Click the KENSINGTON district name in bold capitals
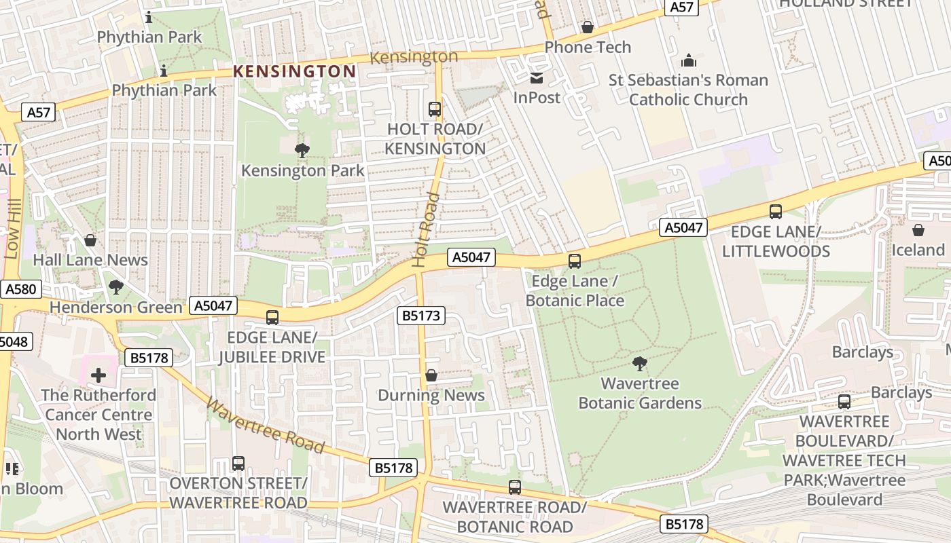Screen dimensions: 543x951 (294, 71)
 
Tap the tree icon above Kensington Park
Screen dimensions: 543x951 (302, 151)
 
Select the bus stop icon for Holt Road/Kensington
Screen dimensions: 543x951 (435, 109)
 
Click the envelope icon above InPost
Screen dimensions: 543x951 (537, 77)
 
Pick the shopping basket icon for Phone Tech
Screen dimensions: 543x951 (588, 27)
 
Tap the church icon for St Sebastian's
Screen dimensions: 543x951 (688, 60)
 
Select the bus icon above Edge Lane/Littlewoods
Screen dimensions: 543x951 (776, 212)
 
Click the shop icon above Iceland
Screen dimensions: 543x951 (918, 230)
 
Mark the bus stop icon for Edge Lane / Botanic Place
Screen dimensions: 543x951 (575, 261)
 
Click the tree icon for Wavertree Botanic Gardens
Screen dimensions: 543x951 (639, 364)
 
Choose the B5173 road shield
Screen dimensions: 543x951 (421, 316)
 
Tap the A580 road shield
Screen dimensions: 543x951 (20, 289)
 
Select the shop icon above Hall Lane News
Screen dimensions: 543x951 (90, 240)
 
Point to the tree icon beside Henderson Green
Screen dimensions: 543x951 (116, 287)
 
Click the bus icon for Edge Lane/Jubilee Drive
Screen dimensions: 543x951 (272, 317)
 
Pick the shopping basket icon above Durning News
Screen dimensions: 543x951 (431, 375)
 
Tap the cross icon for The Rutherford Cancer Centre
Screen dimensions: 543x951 (98, 375)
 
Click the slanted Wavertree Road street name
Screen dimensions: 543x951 (265, 426)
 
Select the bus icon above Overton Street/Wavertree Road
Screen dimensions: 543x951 (238, 463)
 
